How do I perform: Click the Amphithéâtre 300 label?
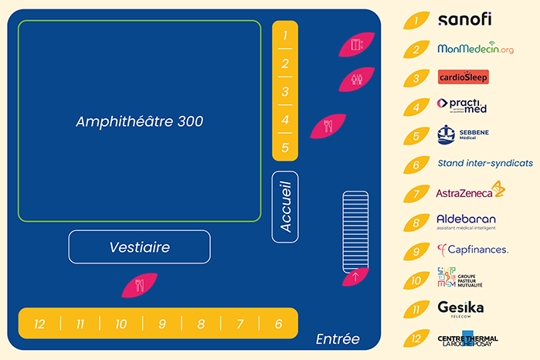point(139,122)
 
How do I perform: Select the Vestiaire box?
point(139,247)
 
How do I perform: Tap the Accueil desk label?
point(285,207)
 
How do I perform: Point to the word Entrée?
point(338,338)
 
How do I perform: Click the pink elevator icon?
point(357,45)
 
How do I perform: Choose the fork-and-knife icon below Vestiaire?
point(140,285)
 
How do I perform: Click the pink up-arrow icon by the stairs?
point(355,276)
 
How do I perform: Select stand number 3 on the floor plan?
point(285,92)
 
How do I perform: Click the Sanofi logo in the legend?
point(464,20)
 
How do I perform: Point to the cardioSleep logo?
point(463,77)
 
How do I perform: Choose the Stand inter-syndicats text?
point(485,164)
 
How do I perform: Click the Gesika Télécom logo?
point(460,309)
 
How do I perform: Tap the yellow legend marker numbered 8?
point(416,222)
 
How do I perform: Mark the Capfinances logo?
point(472,250)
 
